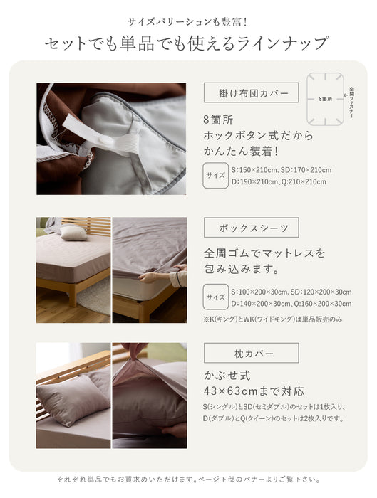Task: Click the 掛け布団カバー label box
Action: point(251,92)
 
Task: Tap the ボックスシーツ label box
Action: point(251,228)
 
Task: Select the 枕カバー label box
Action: point(251,353)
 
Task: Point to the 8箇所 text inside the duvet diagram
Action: point(325,99)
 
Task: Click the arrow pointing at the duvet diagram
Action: point(346,95)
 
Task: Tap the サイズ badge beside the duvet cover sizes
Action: point(215,175)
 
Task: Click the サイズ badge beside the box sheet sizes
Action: point(216,297)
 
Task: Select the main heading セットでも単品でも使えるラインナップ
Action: point(187,43)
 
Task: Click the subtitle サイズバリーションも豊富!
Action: point(187,22)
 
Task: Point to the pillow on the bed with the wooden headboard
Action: point(73,233)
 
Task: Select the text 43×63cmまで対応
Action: point(254,391)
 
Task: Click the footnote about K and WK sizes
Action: point(273,319)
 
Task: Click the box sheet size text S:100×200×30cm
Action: point(259,292)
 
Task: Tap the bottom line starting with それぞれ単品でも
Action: point(188,480)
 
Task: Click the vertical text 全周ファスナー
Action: point(352,102)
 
